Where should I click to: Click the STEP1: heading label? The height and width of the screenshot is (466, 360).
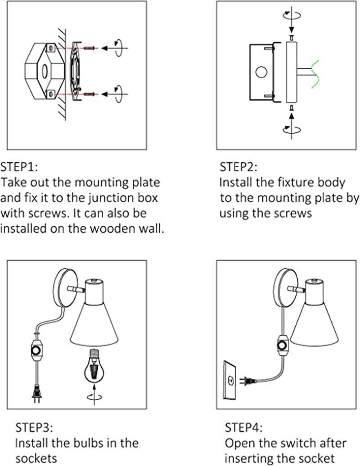pos(19,167)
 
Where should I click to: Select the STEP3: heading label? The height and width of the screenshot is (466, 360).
pos(35,426)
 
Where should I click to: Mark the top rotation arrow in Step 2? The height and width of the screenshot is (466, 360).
pos(291,15)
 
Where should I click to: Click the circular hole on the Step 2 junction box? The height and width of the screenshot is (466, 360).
pos(261,72)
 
